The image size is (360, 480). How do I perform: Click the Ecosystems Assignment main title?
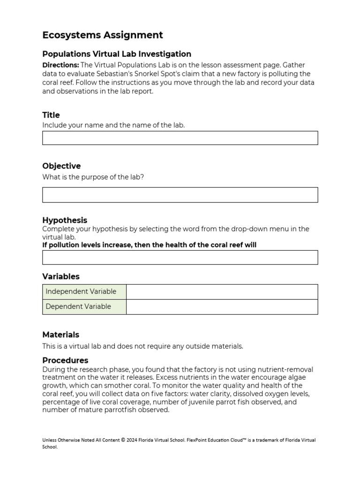click(103, 35)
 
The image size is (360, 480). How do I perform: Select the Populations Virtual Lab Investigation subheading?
click(117, 54)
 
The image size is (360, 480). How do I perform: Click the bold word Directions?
click(60, 65)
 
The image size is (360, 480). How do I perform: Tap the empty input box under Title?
click(180, 138)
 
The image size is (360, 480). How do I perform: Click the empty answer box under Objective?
click(180, 195)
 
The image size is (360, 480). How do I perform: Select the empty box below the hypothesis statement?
click(180, 257)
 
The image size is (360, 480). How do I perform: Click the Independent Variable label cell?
click(84, 292)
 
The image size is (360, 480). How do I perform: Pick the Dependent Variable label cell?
click(84, 307)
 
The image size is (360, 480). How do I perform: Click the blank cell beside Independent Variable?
click(222, 292)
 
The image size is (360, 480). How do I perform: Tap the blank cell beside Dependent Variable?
click(222, 307)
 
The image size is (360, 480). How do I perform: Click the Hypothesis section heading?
click(65, 220)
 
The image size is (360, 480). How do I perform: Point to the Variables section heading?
click(61, 277)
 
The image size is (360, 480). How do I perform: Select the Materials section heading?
click(61, 335)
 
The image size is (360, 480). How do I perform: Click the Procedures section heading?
click(65, 360)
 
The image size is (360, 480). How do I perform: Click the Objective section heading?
click(61, 166)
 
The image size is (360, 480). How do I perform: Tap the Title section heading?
click(51, 115)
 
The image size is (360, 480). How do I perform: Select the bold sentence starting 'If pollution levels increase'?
click(149, 245)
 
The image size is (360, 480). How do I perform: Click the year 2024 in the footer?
click(133, 440)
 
